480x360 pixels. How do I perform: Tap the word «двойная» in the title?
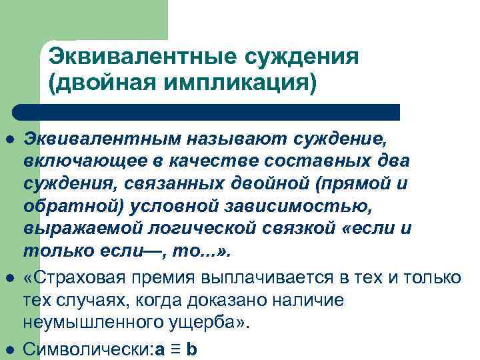tap(93, 83)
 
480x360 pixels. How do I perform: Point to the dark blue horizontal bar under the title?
tap(207, 111)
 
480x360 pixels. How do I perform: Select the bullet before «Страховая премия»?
tap(10, 275)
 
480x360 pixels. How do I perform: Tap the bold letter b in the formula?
tap(192, 349)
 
